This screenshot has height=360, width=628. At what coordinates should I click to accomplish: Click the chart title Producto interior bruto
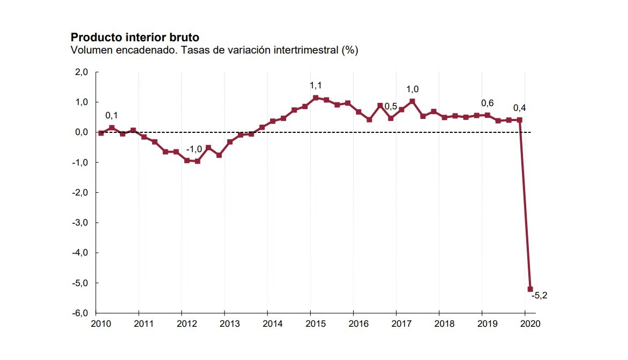pos(135,37)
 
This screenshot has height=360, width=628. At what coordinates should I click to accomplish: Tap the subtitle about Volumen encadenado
pos(214,50)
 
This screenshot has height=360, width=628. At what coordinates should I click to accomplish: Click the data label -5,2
pos(538,295)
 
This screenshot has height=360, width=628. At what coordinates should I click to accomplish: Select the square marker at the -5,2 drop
pos(530,289)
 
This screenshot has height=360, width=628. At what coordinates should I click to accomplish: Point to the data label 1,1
pos(316,85)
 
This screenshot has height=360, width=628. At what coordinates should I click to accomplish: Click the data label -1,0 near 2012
pos(194,149)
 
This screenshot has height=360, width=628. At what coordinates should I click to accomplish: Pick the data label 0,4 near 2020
pos(519,108)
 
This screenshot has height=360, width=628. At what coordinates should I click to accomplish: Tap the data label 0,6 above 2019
pos(487,103)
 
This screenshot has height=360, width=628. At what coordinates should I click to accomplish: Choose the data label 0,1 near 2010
pos(111,115)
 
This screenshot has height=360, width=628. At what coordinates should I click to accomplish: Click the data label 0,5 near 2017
pos(391,107)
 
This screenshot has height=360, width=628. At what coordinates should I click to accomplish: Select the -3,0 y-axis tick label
pos(80,223)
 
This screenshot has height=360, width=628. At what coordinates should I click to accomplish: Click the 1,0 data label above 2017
pos(412,89)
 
